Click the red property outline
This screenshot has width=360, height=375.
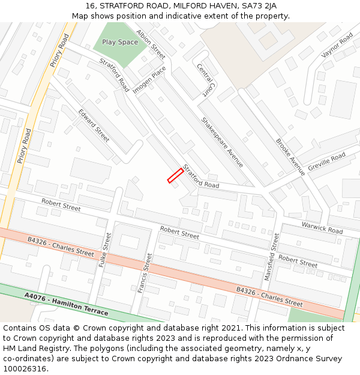(175, 175)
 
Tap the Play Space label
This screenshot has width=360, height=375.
(119, 42)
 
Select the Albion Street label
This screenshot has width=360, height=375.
(151, 44)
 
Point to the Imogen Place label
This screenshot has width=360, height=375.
(149, 80)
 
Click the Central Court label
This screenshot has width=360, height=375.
(205, 80)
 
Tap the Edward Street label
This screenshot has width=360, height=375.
(94, 125)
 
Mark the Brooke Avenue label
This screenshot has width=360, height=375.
(290, 157)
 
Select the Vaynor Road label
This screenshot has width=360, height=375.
(337, 46)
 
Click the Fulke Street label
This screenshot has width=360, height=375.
(107, 250)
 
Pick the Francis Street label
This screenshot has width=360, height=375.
(144, 272)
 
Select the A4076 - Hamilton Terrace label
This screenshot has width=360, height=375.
(67, 304)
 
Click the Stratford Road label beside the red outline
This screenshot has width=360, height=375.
(201, 176)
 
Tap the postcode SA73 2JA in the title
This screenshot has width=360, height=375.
(256, 6)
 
